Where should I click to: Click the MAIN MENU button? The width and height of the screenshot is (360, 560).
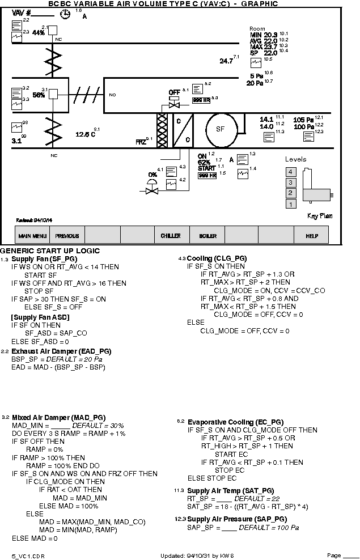click(x=32, y=236)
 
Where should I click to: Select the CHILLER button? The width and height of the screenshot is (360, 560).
click(x=171, y=236)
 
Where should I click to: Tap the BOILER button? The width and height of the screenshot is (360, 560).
click(x=207, y=236)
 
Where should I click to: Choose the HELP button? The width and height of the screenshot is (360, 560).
click(x=312, y=236)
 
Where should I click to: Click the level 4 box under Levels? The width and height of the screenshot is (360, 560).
click(x=291, y=171)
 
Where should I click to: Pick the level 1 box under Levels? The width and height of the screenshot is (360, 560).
click(x=291, y=204)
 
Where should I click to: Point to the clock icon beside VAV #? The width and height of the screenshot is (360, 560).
click(x=66, y=15)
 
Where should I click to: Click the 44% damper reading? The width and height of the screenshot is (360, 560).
click(x=39, y=33)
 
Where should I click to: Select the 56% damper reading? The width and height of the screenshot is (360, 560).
click(x=39, y=95)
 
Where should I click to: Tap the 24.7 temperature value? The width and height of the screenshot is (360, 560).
click(x=226, y=61)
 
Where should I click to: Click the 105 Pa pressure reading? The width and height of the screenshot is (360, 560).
click(x=303, y=120)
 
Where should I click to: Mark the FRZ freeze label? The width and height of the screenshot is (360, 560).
click(x=141, y=142)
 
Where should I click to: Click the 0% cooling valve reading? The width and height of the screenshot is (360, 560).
click(x=153, y=175)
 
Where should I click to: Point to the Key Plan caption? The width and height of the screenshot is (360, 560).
click(x=320, y=215)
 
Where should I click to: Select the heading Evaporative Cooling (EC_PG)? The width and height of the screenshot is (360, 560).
click(x=235, y=422)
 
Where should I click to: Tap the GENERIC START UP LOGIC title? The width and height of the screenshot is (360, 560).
click(x=50, y=251)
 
